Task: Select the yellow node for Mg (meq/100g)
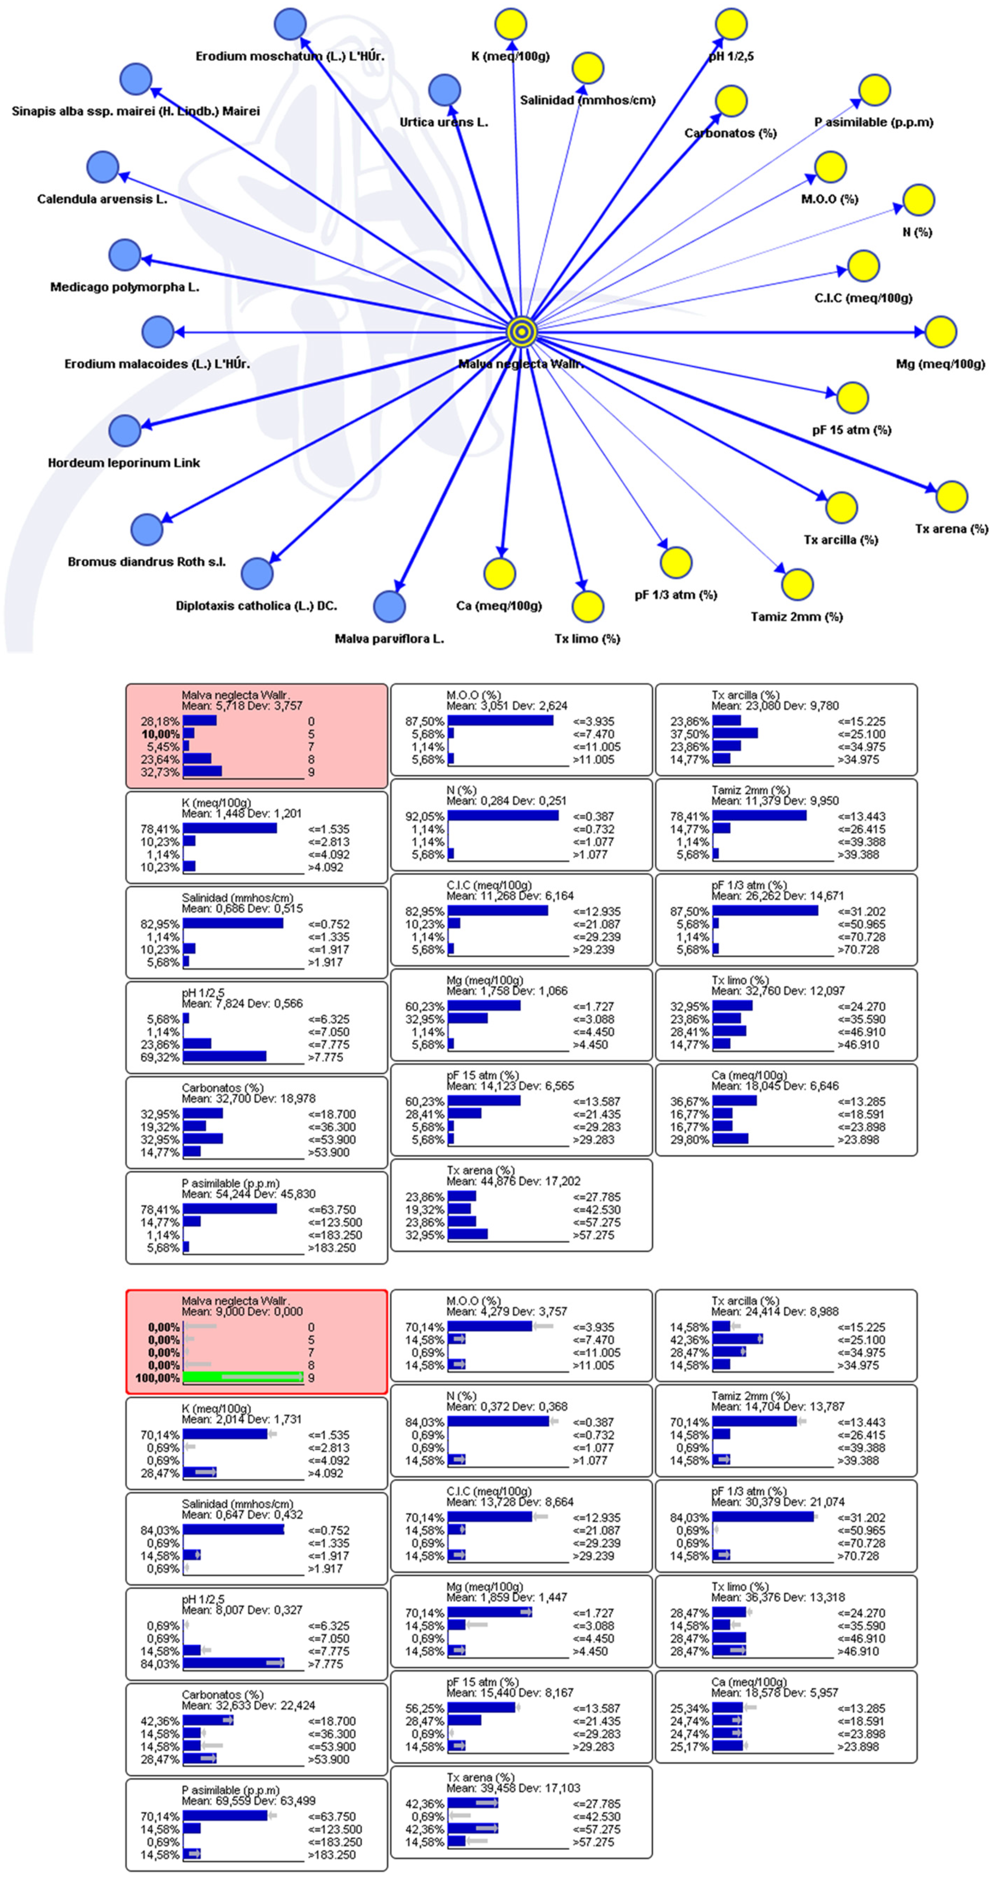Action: tap(940, 332)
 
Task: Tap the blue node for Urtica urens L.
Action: tap(444, 90)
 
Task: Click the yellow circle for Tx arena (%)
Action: tap(951, 497)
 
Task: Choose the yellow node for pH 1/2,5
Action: tap(730, 24)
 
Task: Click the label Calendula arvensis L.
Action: tap(102, 199)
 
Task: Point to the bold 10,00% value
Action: tap(160, 734)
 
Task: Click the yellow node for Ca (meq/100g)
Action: tap(500, 573)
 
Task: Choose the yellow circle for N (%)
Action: tap(918, 200)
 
